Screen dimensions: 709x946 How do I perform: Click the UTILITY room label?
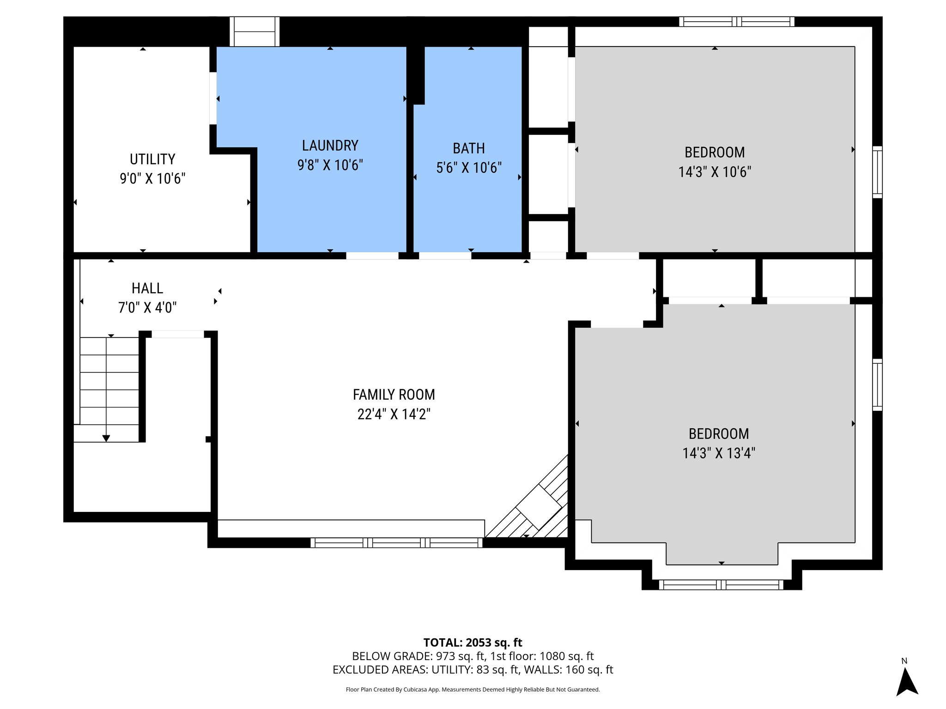pos(152,159)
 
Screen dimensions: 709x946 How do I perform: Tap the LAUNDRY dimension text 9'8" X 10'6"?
pos(330,165)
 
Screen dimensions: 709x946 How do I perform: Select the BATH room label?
pos(468,149)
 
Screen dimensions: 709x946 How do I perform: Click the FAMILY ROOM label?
pos(394,395)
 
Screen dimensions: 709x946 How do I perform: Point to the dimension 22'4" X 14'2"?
pos(394,415)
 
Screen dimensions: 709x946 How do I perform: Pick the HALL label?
pos(147,288)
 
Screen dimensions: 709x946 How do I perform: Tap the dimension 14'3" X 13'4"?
pos(719,453)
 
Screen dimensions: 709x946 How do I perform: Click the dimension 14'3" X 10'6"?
pos(714,172)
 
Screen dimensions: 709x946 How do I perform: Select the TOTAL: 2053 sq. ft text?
pos(473,643)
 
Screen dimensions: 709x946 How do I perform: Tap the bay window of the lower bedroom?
pos(721,585)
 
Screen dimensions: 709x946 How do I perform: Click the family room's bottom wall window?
pos(396,543)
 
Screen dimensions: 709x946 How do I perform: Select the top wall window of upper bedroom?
pos(736,21)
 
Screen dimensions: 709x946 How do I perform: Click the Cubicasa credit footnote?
pos(473,690)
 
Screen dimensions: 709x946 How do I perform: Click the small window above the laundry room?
pos(255,31)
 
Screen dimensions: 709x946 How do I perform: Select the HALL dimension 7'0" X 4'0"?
pos(147,308)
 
